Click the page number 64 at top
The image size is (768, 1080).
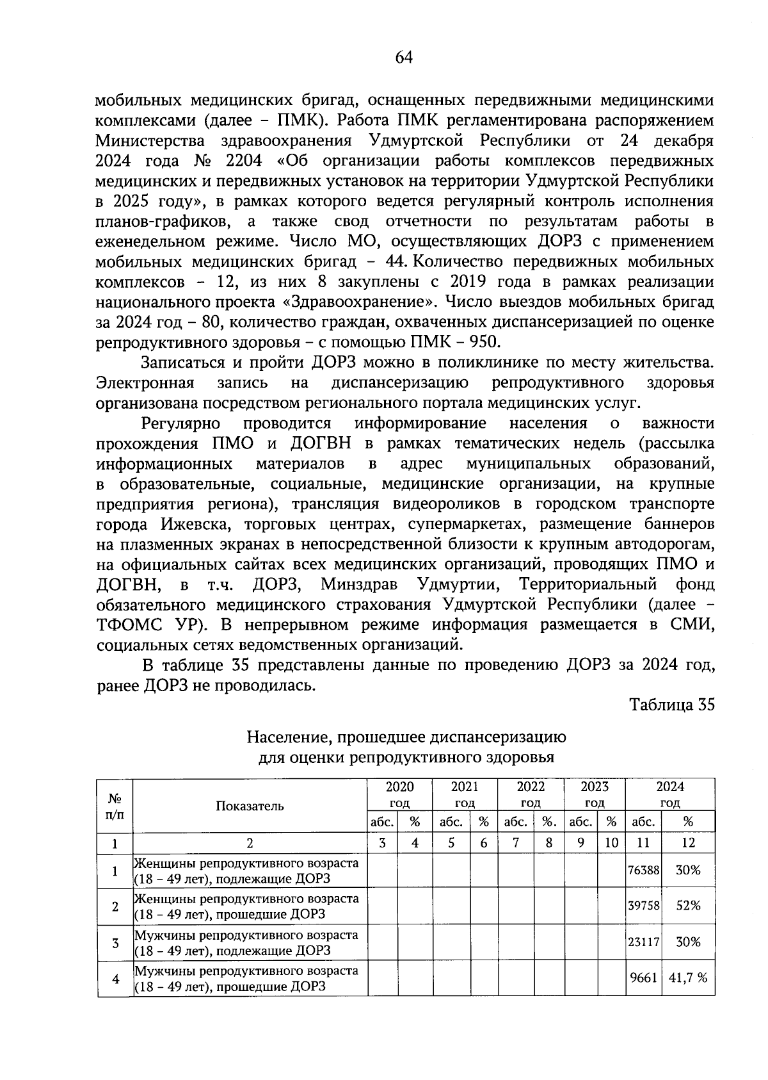click(x=404, y=58)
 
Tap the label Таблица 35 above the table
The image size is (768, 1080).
click(x=671, y=705)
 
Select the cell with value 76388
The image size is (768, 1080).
click(x=643, y=870)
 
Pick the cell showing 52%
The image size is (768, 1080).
click(x=688, y=905)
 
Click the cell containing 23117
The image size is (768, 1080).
click(x=643, y=942)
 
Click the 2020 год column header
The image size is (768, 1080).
click(x=400, y=794)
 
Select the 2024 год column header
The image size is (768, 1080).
click(x=669, y=794)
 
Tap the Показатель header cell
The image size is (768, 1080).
click(x=250, y=806)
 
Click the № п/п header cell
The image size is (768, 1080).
click(x=115, y=806)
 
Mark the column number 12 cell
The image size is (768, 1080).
click(x=688, y=843)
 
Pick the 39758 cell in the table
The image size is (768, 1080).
click(x=643, y=905)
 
